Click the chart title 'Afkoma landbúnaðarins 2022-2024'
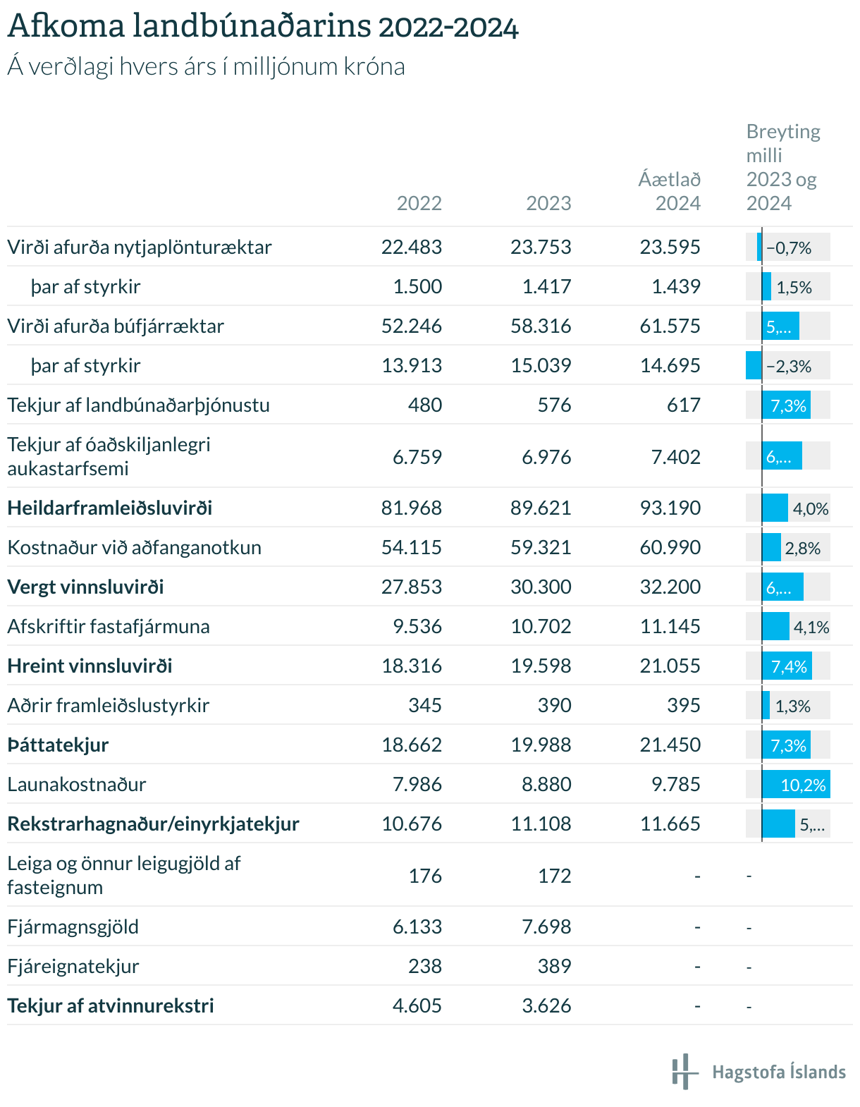click(x=263, y=27)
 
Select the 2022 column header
click(x=419, y=203)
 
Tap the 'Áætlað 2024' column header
click(x=670, y=191)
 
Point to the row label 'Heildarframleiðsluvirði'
click(x=109, y=508)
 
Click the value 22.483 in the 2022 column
click(x=412, y=247)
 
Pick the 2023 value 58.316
click(x=541, y=326)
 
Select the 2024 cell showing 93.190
click(x=670, y=508)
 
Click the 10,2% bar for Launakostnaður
click(x=796, y=785)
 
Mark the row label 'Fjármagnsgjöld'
click(x=73, y=926)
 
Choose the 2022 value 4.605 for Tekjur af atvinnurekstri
click(x=417, y=1005)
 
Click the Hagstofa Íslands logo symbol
click(x=685, y=1072)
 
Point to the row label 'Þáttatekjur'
click(x=58, y=745)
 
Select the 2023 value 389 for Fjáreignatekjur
click(x=555, y=966)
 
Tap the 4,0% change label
click(x=811, y=509)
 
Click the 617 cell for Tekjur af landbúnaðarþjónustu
click(x=684, y=405)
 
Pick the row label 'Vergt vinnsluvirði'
click(x=85, y=587)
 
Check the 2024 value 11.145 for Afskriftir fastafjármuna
click(x=670, y=626)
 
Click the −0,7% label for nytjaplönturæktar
click(x=789, y=248)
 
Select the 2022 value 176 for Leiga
click(x=425, y=876)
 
